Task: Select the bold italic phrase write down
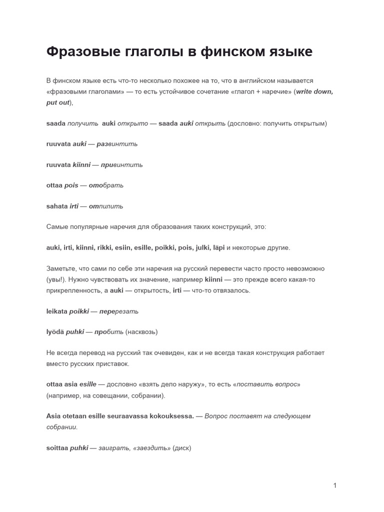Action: pyautogui.click(x=314, y=92)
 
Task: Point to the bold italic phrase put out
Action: pyautogui.click(x=57, y=102)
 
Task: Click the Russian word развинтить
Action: pyautogui.click(x=117, y=144)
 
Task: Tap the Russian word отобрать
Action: pyautogui.click(x=106, y=185)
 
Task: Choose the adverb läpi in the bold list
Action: pyautogui.click(x=218, y=247)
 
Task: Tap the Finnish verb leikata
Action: pyautogui.click(x=57, y=311)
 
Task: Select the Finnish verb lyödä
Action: pyautogui.click(x=55, y=331)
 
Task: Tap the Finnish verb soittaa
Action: pyautogui.click(x=57, y=448)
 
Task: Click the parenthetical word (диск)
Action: pyautogui.click(x=182, y=448)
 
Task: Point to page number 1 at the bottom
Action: pyautogui.click(x=334, y=485)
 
